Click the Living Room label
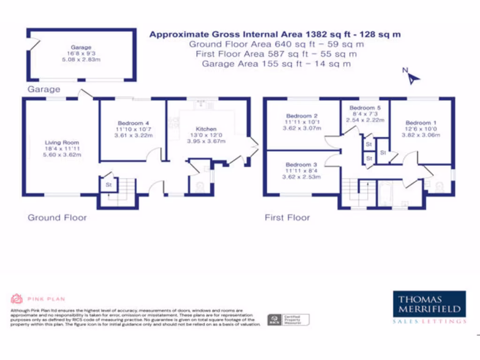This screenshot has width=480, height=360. [x=62, y=142]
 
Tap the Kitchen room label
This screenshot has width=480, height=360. [x=206, y=129]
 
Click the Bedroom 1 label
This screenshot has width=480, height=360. [x=419, y=123]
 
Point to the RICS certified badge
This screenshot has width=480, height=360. [x=288, y=320]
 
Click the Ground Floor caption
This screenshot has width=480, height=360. [x=57, y=217]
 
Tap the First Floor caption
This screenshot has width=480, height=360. [x=287, y=217]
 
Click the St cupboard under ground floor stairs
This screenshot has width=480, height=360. [x=108, y=185]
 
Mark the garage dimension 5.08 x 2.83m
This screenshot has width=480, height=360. [x=81, y=60]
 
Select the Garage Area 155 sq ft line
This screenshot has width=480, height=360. [x=276, y=64]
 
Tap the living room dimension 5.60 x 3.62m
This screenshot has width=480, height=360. [x=62, y=154]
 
